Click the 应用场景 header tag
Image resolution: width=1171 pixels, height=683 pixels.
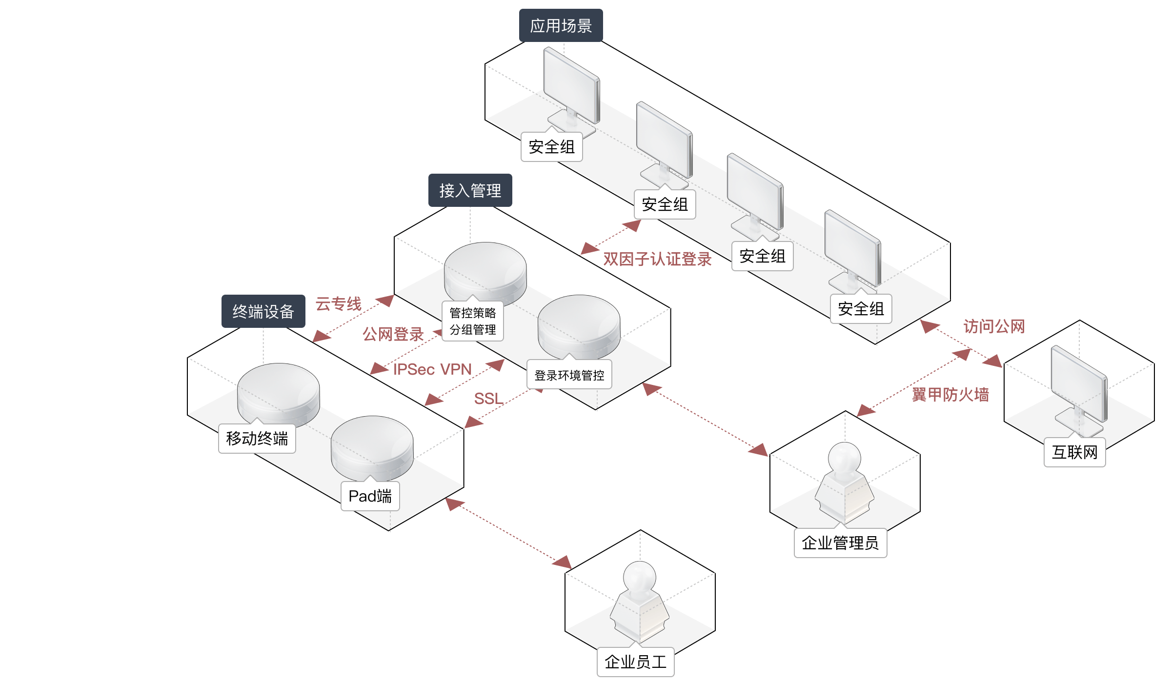click(x=561, y=26)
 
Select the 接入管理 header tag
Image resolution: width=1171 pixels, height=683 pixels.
click(x=470, y=190)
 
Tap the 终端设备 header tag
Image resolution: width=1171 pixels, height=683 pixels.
click(x=263, y=311)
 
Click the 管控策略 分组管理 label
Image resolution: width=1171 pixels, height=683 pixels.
click(x=472, y=321)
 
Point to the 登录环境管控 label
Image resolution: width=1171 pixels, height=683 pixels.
click(x=569, y=375)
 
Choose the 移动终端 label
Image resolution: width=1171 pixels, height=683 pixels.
click(x=257, y=439)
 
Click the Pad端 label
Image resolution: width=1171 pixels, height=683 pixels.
click(x=370, y=496)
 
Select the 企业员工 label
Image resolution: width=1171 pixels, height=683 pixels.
click(x=635, y=662)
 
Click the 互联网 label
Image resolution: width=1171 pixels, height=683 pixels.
click(x=1074, y=452)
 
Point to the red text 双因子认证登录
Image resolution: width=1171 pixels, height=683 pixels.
click(x=657, y=259)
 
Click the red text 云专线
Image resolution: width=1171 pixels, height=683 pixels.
click(x=338, y=304)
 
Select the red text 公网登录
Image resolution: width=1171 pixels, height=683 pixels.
click(x=393, y=335)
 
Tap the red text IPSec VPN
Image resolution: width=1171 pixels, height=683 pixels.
click(x=432, y=369)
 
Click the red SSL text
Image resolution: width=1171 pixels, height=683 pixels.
click(x=488, y=399)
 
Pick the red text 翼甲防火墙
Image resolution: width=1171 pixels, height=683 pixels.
click(x=950, y=394)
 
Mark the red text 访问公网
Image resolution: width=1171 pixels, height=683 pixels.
click(x=994, y=326)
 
